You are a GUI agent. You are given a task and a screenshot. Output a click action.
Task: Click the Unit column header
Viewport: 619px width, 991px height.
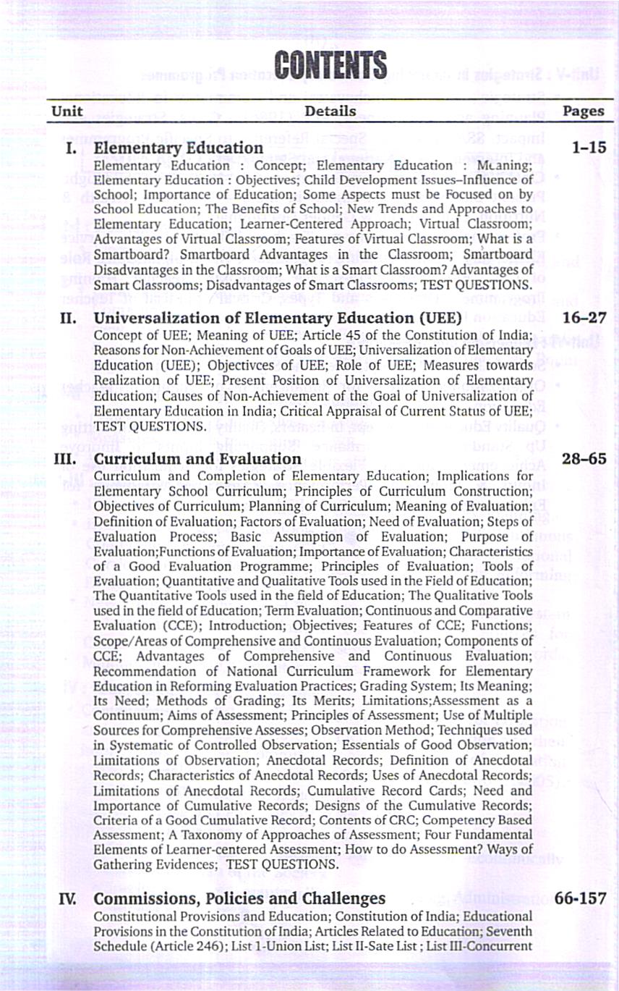[67, 111]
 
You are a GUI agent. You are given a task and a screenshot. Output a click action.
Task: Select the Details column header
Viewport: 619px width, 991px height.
[330, 111]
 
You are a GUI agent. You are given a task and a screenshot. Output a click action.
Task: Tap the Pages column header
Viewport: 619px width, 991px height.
[583, 111]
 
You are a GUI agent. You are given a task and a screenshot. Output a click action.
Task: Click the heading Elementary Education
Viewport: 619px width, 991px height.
[179, 148]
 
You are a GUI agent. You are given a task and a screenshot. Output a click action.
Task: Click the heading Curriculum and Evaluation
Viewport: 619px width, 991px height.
[197, 459]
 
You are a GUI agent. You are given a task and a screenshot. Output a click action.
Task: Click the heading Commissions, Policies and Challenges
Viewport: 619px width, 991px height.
[240, 898]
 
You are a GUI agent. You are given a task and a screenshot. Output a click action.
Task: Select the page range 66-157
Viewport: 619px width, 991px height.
[581, 898]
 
